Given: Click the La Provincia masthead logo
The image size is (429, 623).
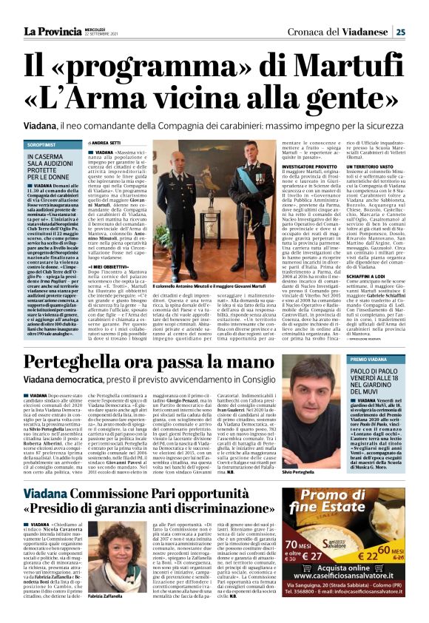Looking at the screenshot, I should [x=52, y=31].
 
